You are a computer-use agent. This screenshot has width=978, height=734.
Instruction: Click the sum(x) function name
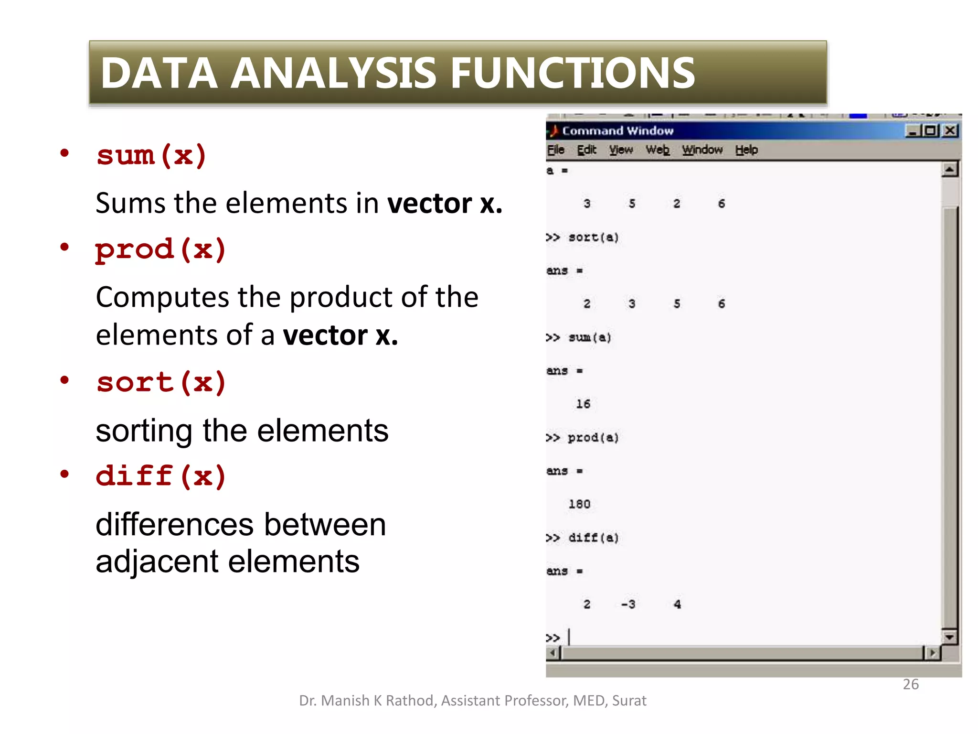coord(151,156)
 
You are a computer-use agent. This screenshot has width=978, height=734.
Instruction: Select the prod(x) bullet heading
coord(160,250)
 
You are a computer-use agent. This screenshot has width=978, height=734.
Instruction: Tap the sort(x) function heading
coord(161,383)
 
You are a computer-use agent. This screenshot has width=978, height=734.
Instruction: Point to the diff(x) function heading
coord(160,476)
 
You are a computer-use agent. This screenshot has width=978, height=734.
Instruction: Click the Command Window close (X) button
coord(950,130)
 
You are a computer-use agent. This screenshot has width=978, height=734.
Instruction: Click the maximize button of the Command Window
coord(931,130)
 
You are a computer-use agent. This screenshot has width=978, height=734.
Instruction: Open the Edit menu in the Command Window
coord(586,150)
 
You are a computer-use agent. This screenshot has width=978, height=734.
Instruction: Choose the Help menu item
coord(746,150)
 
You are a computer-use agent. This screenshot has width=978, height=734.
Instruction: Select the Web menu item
coord(657,150)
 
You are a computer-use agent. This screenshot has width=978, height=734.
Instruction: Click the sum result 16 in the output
coord(583,404)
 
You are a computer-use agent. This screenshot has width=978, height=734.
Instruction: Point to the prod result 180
coord(579,504)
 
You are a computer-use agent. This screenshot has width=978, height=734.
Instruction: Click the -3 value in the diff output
coord(628,604)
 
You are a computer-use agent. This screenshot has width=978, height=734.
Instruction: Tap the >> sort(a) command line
coord(583,237)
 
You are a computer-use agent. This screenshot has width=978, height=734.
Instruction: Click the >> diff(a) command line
coord(583,538)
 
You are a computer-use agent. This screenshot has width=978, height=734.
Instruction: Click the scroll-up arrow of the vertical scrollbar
coord(950,170)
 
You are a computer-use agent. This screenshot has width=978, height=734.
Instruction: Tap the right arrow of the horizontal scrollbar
coord(932,652)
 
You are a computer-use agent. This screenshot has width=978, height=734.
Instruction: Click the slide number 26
coord(911,684)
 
